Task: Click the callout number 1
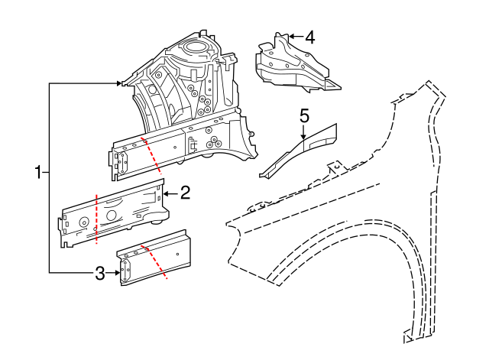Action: click(37, 173)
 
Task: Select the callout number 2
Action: click(184, 193)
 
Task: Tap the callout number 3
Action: click(99, 272)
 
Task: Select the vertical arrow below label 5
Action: click(304, 132)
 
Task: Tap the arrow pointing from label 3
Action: click(113, 272)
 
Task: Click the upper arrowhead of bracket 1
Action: click(120, 83)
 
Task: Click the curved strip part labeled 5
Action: click(298, 149)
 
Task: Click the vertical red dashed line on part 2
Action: click(96, 219)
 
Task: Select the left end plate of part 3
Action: click(125, 271)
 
